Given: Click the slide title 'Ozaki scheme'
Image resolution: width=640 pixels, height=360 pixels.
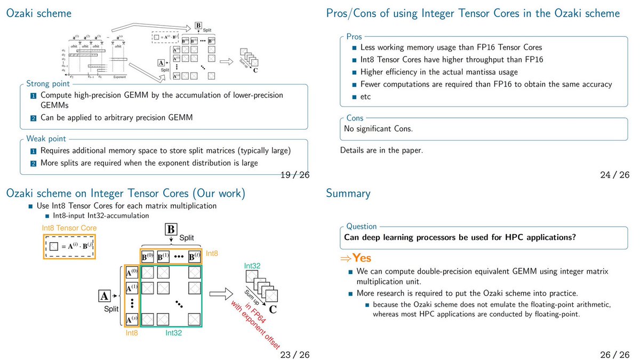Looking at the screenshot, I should [38, 13].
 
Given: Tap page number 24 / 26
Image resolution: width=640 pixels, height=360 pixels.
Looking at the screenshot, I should [614, 175].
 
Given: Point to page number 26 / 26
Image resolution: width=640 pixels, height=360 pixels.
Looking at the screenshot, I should [614, 355].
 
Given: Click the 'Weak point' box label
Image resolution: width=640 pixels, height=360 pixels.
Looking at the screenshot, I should [46, 139].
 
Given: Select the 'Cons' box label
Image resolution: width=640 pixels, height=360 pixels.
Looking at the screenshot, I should [355, 118].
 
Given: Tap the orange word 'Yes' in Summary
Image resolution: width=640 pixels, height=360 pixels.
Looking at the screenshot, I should [361, 259].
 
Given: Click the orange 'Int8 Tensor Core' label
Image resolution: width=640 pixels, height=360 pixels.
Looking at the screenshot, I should [69, 228].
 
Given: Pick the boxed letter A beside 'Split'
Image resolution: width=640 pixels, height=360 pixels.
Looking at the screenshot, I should [105, 295].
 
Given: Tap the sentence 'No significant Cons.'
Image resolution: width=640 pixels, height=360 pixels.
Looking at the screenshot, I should [378, 129].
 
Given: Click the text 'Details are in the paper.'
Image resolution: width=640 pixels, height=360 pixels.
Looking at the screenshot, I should [381, 150].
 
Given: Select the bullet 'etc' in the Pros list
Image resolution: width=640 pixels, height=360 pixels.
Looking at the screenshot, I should [365, 97].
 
